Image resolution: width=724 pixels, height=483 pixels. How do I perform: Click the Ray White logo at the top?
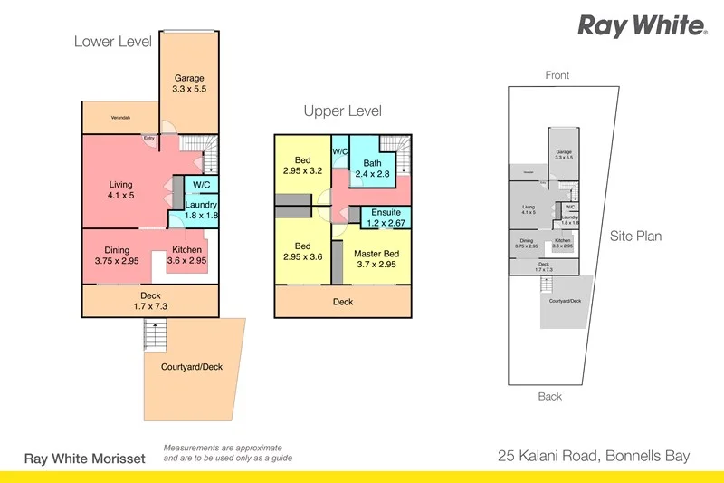643,25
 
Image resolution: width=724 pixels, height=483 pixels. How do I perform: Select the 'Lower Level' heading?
111,42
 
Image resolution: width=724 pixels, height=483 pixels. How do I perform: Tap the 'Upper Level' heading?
342,111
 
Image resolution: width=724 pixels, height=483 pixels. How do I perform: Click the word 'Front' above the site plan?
557,75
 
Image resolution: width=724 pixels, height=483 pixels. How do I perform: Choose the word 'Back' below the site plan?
549,396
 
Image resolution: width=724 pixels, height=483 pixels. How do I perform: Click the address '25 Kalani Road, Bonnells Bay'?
594,456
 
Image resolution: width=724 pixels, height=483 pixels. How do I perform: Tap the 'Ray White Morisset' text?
84,458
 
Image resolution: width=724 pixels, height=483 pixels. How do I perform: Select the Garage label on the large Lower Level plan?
189,84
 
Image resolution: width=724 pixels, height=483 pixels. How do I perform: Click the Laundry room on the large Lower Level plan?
201,210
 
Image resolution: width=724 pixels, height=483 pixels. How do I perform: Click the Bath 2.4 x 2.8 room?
371,168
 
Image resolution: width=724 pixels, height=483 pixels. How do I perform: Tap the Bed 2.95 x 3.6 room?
302,252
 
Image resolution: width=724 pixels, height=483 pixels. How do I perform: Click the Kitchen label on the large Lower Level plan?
187,256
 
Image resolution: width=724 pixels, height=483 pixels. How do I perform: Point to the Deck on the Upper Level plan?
342,302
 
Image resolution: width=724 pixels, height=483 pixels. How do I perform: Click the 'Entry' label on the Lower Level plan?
148,139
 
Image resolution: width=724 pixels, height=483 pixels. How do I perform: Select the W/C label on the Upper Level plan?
341,151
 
